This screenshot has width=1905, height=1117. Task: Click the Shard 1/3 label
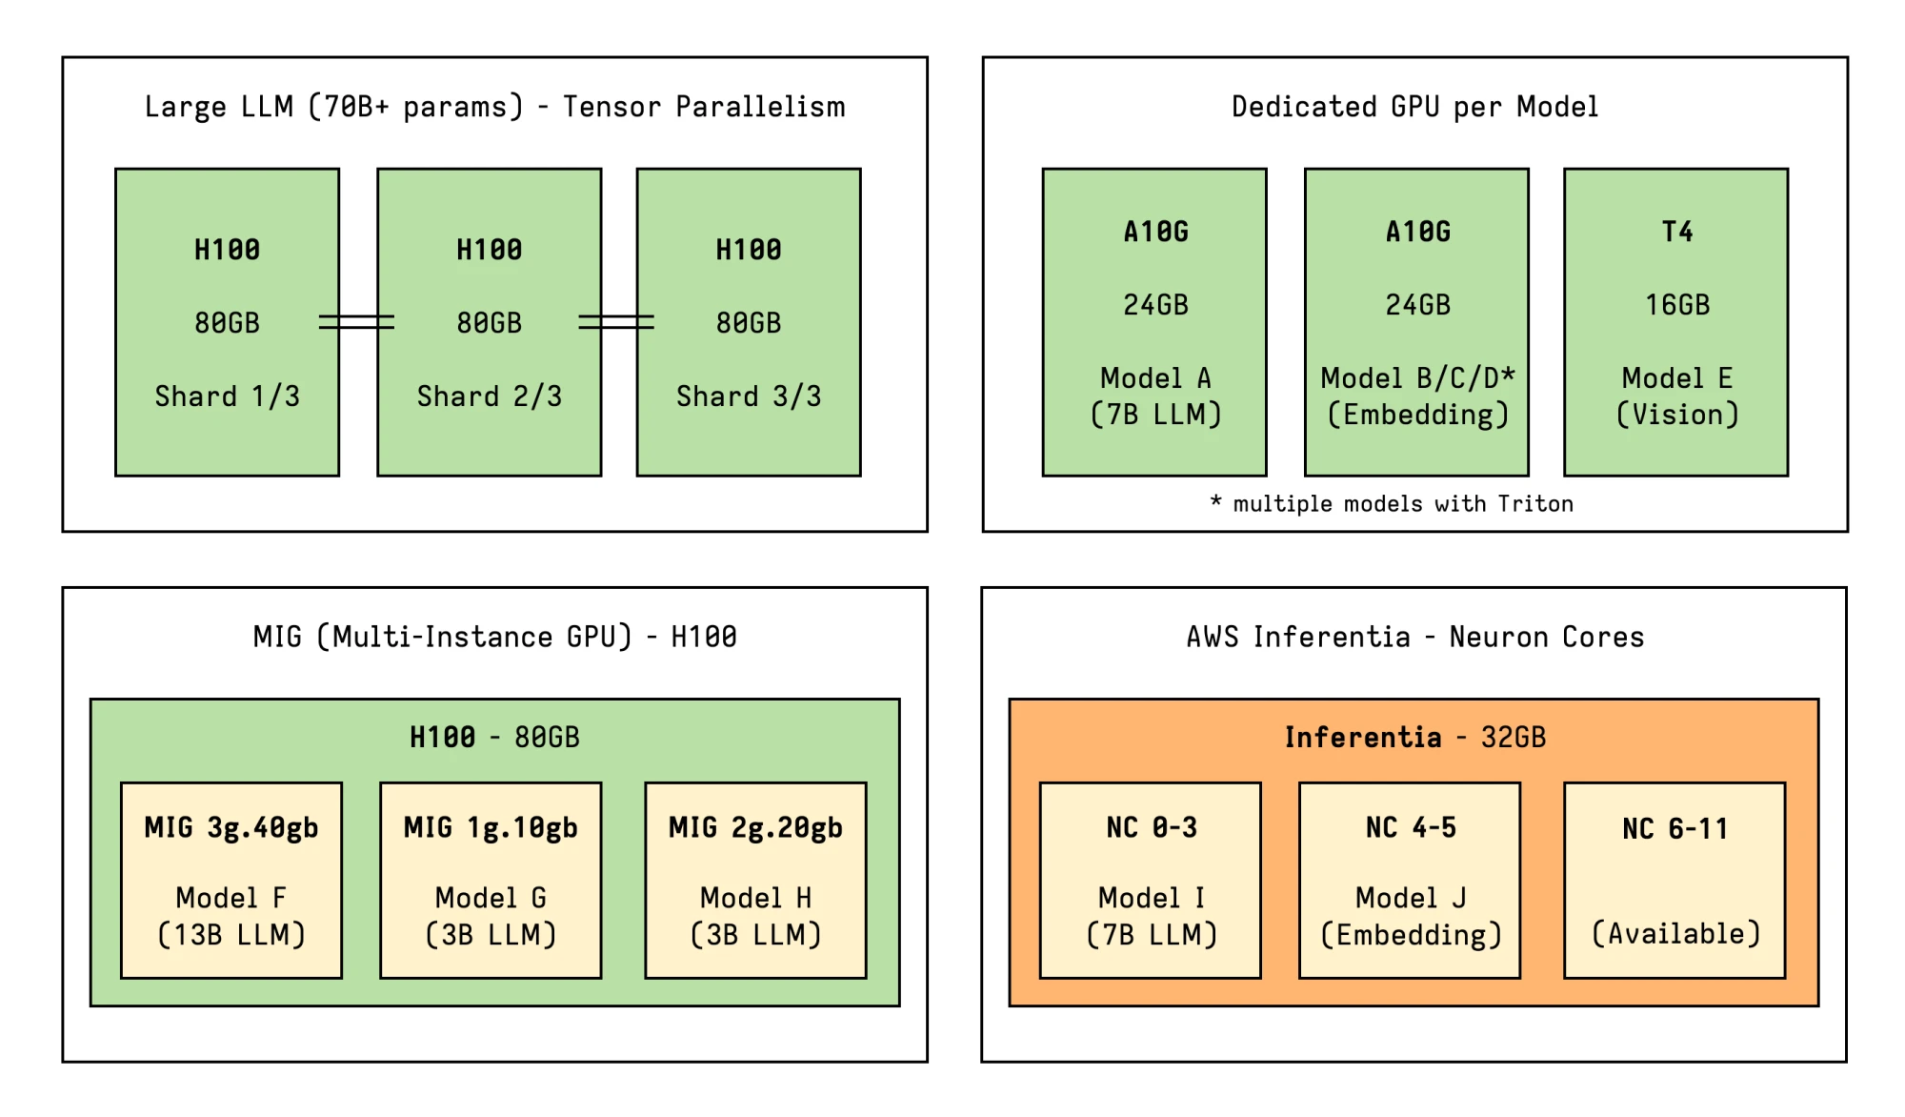tap(227, 396)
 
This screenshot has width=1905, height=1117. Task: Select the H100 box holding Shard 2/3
tap(489, 321)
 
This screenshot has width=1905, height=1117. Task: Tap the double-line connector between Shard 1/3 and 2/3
tap(357, 322)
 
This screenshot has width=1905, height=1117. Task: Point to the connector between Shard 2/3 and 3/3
tap(617, 322)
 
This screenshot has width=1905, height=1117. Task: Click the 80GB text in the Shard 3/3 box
tap(748, 323)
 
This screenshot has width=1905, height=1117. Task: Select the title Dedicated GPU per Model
tap(1414, 107)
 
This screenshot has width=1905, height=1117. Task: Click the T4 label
tap(1676, 232)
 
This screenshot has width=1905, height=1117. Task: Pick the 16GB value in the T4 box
tap(1676, 305)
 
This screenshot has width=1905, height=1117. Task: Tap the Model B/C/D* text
tap(1416, 378)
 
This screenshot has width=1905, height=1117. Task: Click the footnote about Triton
tap(1392, 503)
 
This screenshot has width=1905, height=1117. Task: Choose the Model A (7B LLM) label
tap(1154, 396)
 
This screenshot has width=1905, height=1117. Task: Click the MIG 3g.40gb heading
tap(231, 827)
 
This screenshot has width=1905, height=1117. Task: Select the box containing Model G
tap(490, 880)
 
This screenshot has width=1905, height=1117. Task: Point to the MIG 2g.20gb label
tap(755, 827)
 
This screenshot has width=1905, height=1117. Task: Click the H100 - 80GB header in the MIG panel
tap(493, 737)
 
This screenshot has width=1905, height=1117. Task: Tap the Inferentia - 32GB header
tap(1414, 737)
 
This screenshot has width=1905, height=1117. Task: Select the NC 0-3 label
tap(1151, 827)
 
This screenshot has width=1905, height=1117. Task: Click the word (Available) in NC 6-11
tap(1675, 933)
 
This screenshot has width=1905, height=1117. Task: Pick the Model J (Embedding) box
tap(1410, 880)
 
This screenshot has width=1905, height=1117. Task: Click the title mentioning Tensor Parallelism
tap(494, 107)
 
